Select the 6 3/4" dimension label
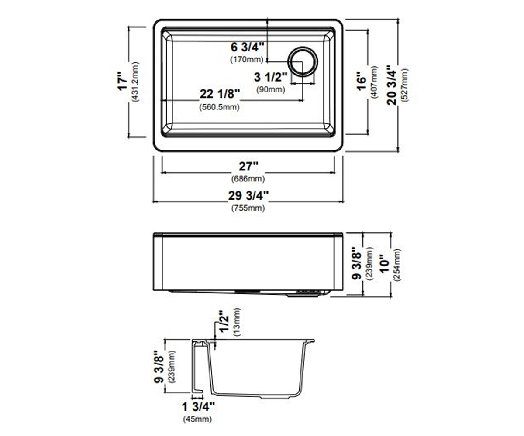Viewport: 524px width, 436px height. pyautogui.click(x=248, y=47)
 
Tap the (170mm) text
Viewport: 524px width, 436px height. pyautogui.click(x=247, y=60)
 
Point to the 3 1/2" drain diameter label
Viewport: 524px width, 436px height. pyautogui.click(x=270, y=77)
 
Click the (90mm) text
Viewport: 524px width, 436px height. pyautogui.click(x=271, y=89)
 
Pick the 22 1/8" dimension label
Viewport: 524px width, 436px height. pyautogui.click(x=220, y=94)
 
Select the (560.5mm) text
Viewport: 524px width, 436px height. pyautogui.click(x=219, y=107)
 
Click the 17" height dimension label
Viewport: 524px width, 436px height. pyautogui.click(x=123, y=81)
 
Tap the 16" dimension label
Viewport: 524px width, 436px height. pyautogui.click(x=362, y=82)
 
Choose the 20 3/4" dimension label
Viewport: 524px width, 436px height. pyautogui.click(x=392, y=85)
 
